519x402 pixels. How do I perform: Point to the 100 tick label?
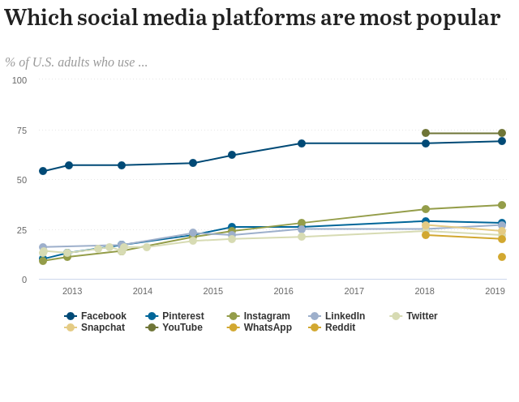19,80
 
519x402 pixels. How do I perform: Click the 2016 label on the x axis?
284,291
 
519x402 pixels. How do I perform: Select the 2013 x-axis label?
72,291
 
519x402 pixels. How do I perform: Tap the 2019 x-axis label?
495,291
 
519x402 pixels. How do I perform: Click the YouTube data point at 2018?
426,133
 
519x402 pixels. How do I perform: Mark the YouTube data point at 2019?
502,133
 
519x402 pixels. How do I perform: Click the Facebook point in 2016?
302,143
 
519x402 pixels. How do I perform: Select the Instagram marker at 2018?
426,209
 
